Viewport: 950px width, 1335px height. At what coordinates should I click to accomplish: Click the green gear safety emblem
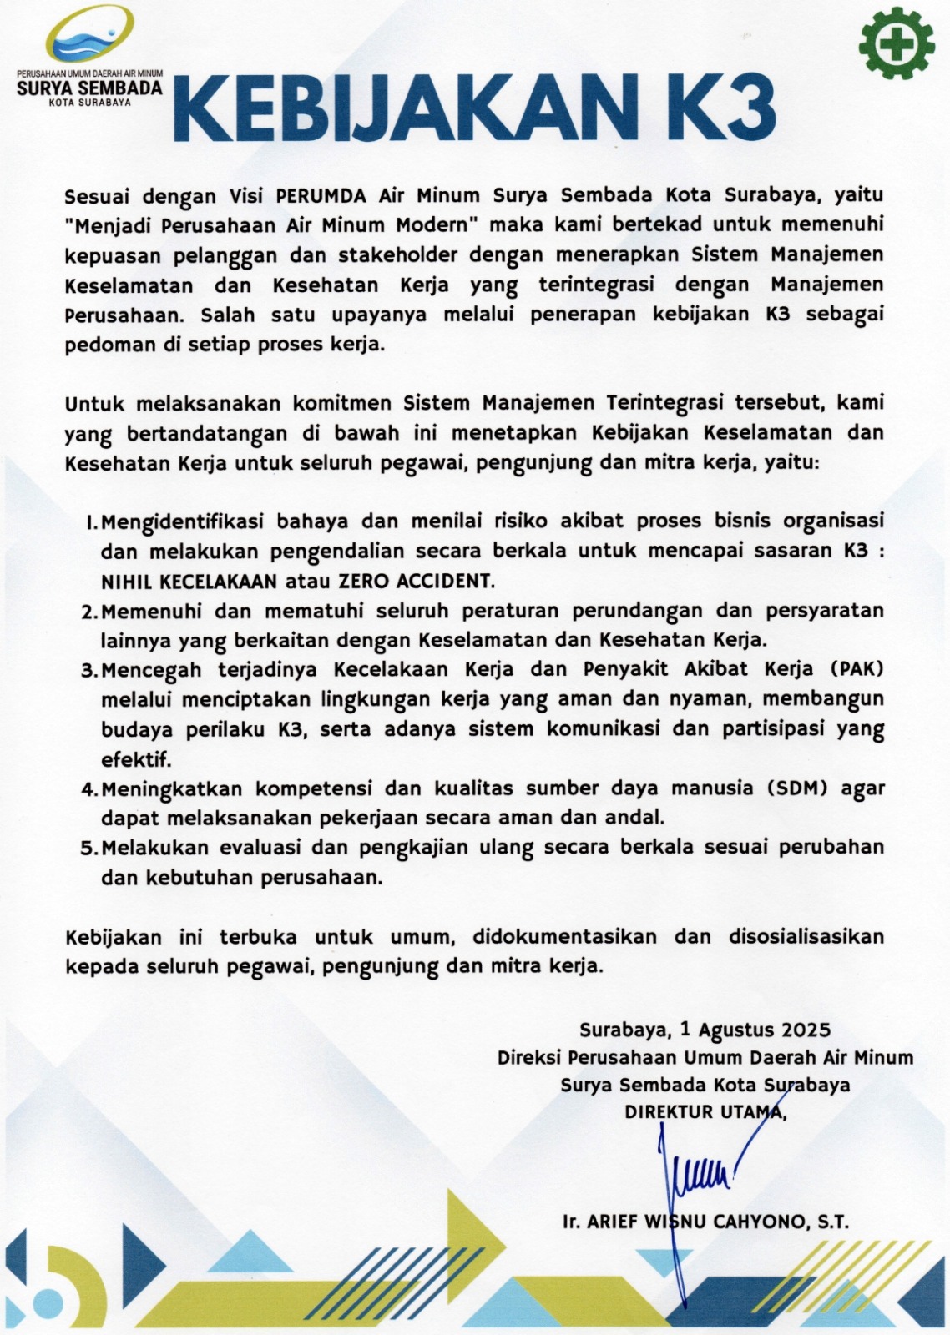coord(897,44)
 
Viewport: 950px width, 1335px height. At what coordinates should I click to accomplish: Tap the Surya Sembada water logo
coord(90,42)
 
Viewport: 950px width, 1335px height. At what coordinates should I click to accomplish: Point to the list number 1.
coord(91,523)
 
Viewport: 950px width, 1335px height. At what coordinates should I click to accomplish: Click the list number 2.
coord(89,612)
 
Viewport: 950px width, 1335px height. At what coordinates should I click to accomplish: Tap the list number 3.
coord(89,671)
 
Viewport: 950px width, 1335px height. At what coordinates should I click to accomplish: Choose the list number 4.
coord(89,789)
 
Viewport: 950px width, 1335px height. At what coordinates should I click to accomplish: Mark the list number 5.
coord(89,849)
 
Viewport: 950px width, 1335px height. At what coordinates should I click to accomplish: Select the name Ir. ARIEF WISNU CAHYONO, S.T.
coord(705,1222)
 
